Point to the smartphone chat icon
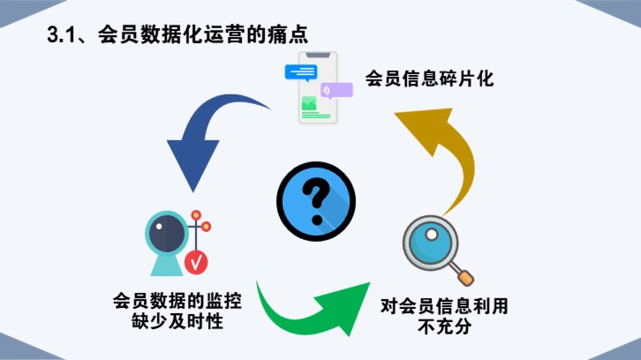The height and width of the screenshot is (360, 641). pyautogui.click(x=314, y=89)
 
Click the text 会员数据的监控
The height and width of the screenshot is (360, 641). pyautogui.click(x=177, y=301)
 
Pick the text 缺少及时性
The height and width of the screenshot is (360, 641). pyautogui.click(x=177, y=322)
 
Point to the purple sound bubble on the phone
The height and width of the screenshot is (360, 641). pyautogui.click(x=336, y=89)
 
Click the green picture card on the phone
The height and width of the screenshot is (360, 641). pyautogui.click(x=308, y=104)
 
